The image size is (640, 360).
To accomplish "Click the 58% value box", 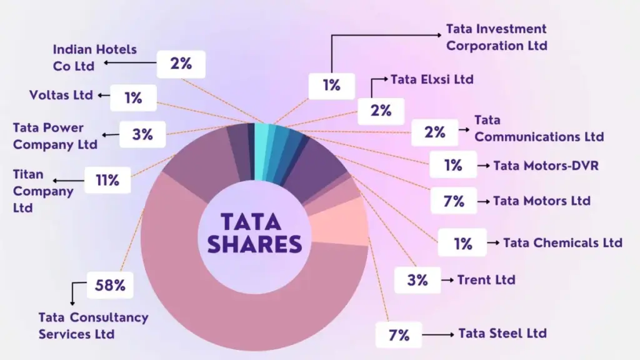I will [110, 286].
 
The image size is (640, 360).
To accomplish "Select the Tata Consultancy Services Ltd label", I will [93, 326].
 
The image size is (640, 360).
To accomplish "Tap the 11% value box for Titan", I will [107, 181].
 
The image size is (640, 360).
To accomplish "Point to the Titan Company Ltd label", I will [43, 191].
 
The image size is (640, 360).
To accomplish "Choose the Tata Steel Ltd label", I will [502, 333].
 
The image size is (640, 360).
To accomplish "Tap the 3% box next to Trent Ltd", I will [417, 280].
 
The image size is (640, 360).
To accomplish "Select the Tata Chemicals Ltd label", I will [562, 242].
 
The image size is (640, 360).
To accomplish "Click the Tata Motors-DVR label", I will [537, 166].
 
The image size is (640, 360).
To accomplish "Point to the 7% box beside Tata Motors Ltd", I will [454, 201].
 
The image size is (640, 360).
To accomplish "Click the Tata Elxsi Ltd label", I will [432, 79].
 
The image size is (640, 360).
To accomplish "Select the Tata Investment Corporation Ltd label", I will [496, 37].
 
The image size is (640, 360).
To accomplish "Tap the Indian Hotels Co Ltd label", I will [94, 57].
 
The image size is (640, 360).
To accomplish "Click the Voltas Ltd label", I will [61, 96].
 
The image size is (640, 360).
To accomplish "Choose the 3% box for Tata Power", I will [142, 134].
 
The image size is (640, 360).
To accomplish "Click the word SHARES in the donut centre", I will [254, 244].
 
